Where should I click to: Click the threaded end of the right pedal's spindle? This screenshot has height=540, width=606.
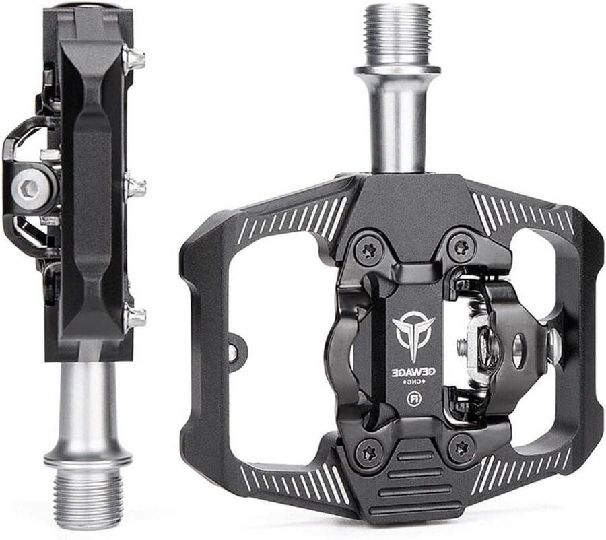(x=397, y=36)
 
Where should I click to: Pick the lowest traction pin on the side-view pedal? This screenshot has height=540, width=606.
(x=135, y=318)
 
